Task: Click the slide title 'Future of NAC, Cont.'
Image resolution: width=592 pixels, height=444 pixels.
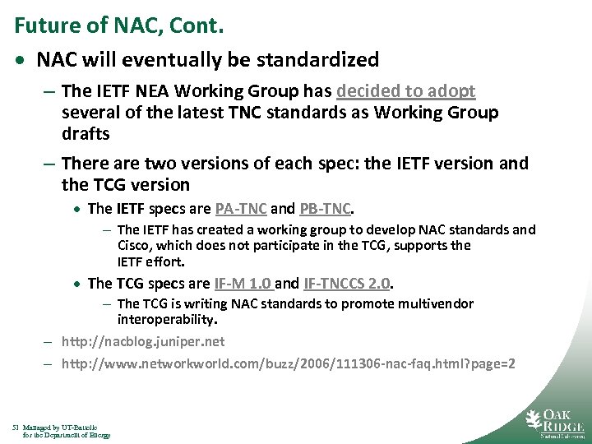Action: point(119,25)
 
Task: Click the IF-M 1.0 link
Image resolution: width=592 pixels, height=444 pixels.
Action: point(243,284)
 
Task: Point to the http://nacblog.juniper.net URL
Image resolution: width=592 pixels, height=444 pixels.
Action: point(142,340)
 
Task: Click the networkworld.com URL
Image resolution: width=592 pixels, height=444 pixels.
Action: point(289,363)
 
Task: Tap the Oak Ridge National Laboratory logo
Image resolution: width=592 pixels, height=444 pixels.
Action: point(554,422)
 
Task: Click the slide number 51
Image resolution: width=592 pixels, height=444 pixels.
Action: point(16,428)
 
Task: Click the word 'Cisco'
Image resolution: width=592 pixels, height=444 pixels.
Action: point(135,245)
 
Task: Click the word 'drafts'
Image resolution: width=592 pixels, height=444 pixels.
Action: point(86,133)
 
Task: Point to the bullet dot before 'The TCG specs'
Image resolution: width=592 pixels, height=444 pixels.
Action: point(79,284)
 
